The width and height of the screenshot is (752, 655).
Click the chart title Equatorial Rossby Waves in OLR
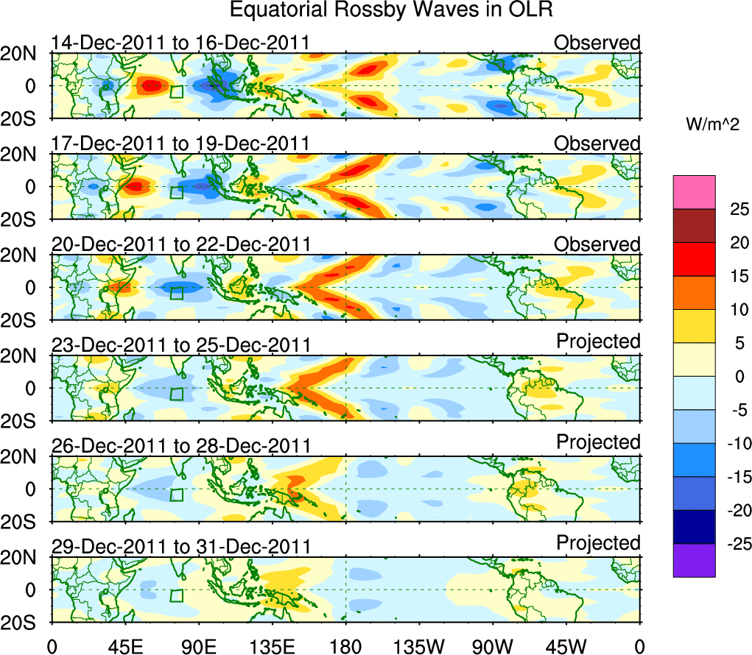point(391,10)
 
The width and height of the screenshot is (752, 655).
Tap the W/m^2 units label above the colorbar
point(713,126)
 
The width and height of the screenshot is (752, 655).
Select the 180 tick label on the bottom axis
point(345,645)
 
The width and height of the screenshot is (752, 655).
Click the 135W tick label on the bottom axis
point(419,645)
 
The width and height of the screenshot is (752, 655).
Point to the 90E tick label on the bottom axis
point(198,645)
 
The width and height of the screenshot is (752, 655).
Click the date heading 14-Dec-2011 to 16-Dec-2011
point(180,43)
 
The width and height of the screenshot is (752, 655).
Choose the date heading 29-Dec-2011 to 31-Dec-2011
point(180,546)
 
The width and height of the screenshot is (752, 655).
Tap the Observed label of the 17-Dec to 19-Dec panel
point(597,144)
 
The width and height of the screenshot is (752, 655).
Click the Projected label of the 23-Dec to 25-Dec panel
point(598,341)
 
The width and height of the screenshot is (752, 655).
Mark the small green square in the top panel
point(176,91)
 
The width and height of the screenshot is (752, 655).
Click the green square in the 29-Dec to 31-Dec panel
point(176,595)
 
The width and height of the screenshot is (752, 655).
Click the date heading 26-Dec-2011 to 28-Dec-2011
point(180,445)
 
